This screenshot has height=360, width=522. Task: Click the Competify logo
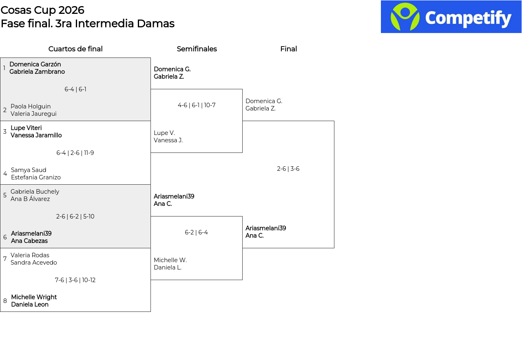pyautogui.click(x=451, y=17)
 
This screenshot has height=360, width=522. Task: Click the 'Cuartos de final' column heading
pyautogui.click(x=75, y=49)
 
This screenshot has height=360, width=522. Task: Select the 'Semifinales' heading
pyautogui.click(x=197, y=49)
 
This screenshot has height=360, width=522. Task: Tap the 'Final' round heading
pyautogui.click(x=288, y=49)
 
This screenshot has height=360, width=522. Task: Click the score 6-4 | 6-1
pyautogui.click(x=75, y=89)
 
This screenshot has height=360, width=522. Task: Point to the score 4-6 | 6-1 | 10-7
pyautogui.click(x=197, y=105)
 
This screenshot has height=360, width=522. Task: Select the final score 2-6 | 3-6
pyautogui.click(x=288, y=169)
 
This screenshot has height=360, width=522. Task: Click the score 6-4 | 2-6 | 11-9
pyautogui.click(x=75, y=153)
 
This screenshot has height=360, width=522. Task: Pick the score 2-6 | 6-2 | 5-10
pyautogui.click(x=75, y=216)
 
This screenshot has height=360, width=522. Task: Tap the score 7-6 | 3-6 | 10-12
pyautogui.click(x=75, y=280)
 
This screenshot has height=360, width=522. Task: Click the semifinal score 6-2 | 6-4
pyautogui.click(x=196, y=232)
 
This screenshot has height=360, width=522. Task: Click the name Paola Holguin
pyautogui.click(x=31, y=106)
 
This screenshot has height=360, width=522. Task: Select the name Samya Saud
pyautogui.click(x=29, y=170)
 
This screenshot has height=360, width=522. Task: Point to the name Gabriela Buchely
pyautogui.click(x=35, y=192)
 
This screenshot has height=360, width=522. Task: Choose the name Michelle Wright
pyautogui.click(x=34, y=297)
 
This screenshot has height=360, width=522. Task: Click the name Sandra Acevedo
pyautogui.click(x=33, y=263)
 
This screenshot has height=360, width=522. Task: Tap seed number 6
pyautogui.click(x=5, y=237)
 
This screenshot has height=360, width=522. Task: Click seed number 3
pyautogui.click(x=5, y=132)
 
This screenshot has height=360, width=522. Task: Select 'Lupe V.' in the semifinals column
pyautogui.click(x=164, y=133)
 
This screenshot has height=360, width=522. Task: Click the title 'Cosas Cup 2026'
pyautogui.click(x=42, y=10)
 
